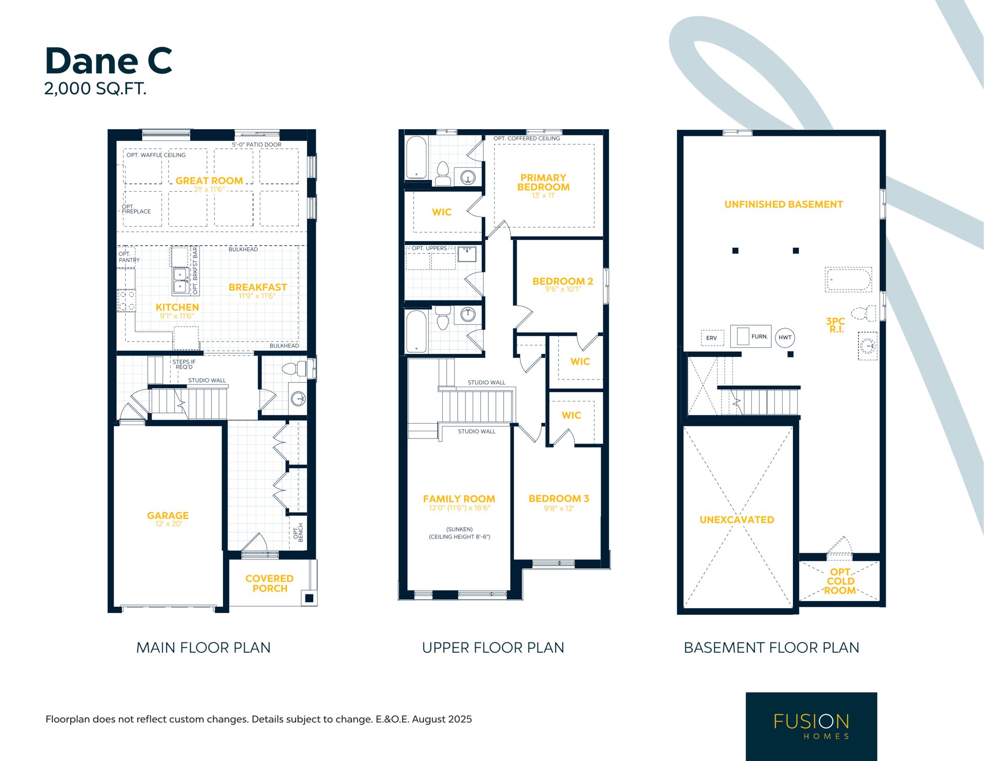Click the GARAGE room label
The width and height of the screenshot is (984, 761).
point(168,515)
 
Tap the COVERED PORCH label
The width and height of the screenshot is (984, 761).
point(270,584)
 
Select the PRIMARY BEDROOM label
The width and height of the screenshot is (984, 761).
point(543,182)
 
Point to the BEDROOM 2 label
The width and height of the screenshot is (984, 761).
point(563,281)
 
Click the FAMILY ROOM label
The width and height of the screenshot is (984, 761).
point(459,498)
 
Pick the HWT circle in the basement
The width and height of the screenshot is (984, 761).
point(785,337)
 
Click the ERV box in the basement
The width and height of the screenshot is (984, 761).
point(712,338)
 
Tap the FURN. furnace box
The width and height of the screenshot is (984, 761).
point(751,336)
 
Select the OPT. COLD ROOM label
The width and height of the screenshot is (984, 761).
point(840,581)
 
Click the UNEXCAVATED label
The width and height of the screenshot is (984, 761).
point(736,519)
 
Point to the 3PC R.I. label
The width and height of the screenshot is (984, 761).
point(835,325)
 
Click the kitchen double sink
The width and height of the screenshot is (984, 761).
point(180,281)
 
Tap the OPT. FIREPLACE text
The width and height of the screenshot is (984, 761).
point(136,209)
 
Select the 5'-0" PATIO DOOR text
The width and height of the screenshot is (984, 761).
point(256,145)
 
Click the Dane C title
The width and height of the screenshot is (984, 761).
point(109,61)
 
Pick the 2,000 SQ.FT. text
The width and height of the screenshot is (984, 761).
point(95,89)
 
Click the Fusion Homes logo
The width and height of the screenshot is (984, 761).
point(811,726)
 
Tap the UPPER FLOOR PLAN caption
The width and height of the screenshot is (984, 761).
point(493,648)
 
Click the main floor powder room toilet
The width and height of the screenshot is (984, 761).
point(294,368)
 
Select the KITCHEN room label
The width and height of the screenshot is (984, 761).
point(177,307)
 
